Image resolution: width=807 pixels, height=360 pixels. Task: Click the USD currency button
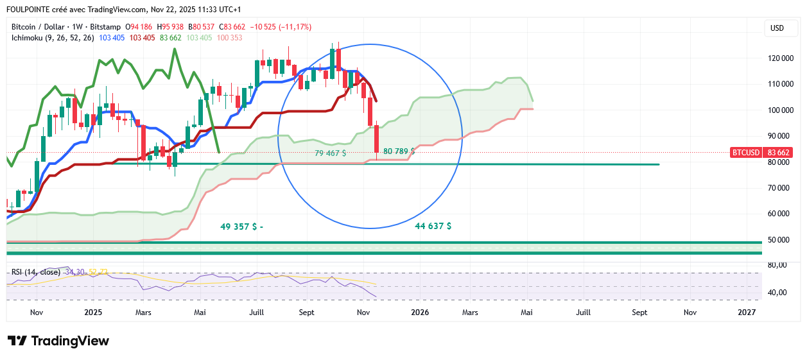tap(777, 28)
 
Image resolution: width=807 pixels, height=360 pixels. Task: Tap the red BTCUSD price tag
tap(745, 153)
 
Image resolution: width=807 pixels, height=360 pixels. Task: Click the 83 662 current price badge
tap(777, 153)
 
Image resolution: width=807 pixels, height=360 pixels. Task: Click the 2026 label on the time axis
tap(420, 313)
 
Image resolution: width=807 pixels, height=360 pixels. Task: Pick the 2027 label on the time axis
tap(747, 313)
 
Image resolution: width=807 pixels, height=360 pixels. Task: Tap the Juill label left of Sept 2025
tap(257, 313)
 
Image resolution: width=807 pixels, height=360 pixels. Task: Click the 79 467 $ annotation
tap(331, 153)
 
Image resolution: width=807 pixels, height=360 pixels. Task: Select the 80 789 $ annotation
tap(399, 151)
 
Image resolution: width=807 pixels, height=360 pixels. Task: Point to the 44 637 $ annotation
tap(433, 227)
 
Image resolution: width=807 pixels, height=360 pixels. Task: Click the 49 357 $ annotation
tap(241, 227)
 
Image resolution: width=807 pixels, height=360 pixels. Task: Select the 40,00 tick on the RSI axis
tap(778, 293)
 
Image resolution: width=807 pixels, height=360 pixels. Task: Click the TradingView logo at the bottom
tap(58, 341)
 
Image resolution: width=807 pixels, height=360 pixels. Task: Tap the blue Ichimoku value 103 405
tap(111, 38)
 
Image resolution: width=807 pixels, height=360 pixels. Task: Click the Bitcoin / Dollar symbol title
tap(39, 27)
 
